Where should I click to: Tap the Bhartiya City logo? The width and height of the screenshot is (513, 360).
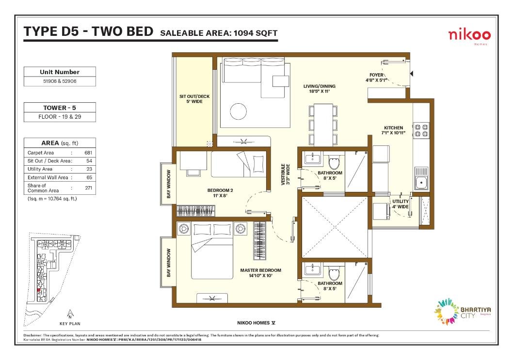click(462, 312)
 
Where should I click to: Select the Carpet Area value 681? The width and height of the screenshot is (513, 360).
click(88, 153)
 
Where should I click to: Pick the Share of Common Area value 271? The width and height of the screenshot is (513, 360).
click(88, 188)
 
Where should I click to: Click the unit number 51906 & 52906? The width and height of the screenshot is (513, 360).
click(60, 81)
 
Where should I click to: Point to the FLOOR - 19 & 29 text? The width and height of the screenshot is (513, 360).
click(60, 117)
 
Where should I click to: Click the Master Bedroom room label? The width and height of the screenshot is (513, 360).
click(261, 273)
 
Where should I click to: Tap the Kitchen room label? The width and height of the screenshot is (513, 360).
click(394, 130)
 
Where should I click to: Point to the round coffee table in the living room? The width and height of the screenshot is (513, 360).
click(238, 111)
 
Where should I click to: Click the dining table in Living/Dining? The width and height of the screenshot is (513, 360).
click(323, 125)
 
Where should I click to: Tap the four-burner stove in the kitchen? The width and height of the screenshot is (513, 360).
click(421, 130)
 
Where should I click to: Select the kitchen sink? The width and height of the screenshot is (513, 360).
click(421, 179)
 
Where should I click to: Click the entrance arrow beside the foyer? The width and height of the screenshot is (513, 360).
click(412, 74)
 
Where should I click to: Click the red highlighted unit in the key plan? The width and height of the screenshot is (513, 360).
click(39, 290)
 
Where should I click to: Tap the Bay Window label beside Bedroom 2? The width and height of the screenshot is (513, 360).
click(169, 184)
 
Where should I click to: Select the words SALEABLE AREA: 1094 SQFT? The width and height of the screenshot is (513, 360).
click(219, 33)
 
